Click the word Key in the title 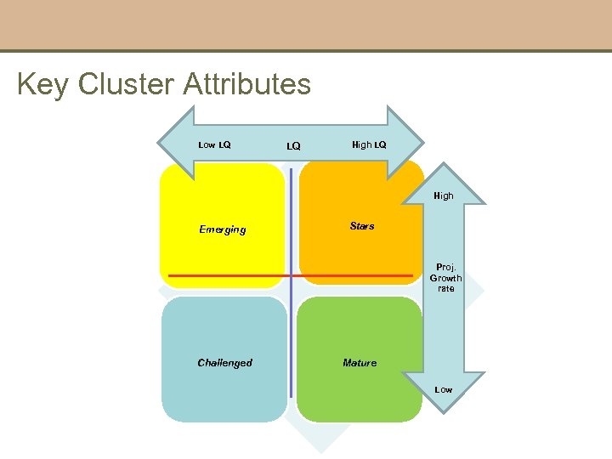coord(43,85)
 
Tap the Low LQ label coord(214,144)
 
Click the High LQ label coord(369,144)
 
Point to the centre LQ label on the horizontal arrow coord(293,146)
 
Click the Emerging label coord(223,229)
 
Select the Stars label coord(362,226)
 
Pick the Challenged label coord(224,363)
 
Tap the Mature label coord(360,363)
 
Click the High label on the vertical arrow coord(444,195)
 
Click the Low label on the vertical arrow coord(444,389)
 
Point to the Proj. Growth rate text coord(446,278)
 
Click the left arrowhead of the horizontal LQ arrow coord(175,143)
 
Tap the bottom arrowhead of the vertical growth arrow coord(445,399)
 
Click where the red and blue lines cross coord(291,276)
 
